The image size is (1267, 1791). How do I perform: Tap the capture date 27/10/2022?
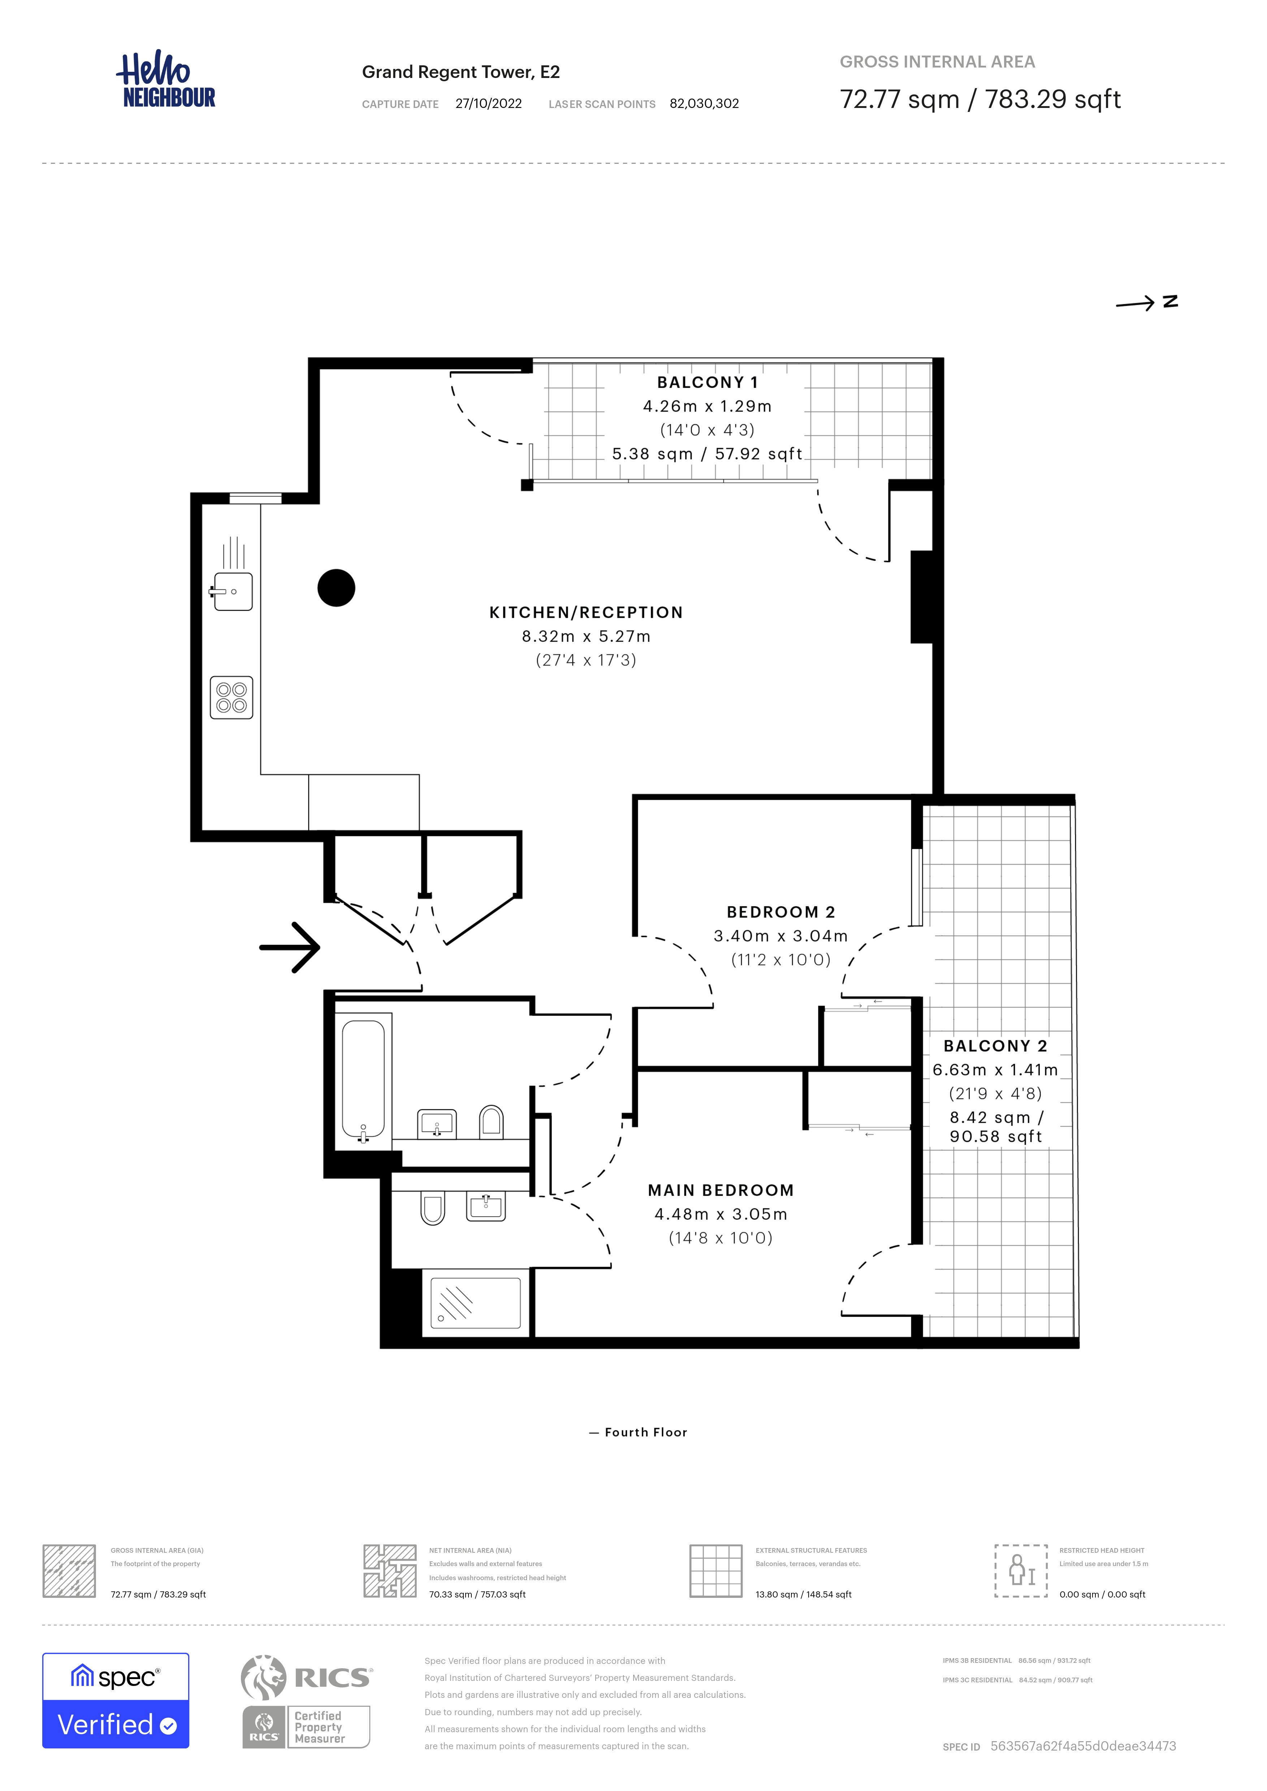pos(488,104)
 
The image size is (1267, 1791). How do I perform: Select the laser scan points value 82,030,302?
pos(704,104)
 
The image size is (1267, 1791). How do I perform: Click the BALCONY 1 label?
pos(708,382)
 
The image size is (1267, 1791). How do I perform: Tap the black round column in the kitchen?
pos(336,587)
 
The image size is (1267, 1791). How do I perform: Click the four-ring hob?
pos(232,697)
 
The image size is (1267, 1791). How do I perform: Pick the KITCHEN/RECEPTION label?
pos(586,612)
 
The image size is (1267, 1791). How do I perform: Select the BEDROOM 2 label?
pos(781,912)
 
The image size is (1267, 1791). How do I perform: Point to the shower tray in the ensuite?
pos(476,1303)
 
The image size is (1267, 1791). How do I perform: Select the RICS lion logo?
pos(264,1677)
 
